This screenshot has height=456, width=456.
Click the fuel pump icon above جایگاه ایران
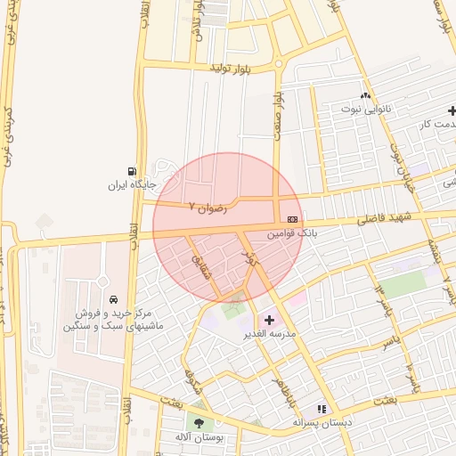tap(133, 171)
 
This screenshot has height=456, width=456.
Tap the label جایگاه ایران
tap(132, 185)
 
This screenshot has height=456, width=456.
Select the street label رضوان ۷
tap(208, 206)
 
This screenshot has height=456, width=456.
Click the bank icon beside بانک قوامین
tap(292, 219)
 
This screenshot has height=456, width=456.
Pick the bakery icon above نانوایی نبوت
tap(364, 95)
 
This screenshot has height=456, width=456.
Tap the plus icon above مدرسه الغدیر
tap(270, 319)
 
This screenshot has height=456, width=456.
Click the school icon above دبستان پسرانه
tap(322, 408)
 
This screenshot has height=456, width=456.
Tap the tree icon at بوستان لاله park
tap(198, 424)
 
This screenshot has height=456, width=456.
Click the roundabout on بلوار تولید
tap(278, 64)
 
